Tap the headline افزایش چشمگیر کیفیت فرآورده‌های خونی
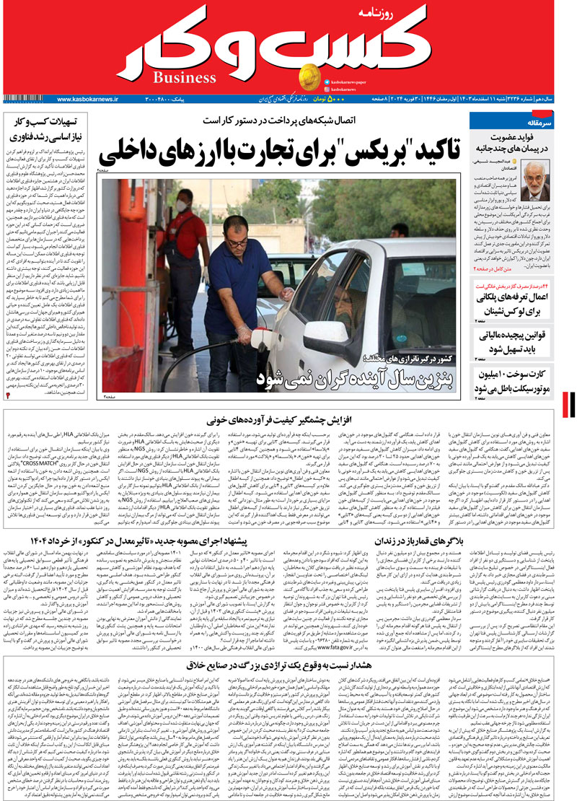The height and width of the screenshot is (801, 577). [x=288, y=418]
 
